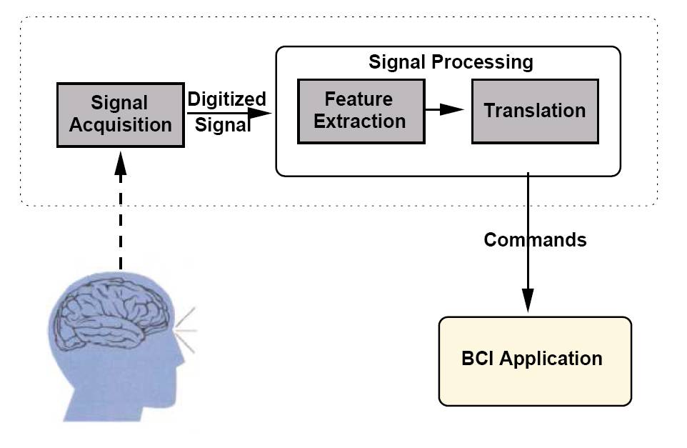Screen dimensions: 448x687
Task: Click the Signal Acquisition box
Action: coord(120,114)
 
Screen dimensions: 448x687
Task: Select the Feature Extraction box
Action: coord(360,111)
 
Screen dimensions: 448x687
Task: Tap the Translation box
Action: coord(534,111)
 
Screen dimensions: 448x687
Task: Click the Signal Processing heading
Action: coord(451,61)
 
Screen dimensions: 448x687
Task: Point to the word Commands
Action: coord(535,239)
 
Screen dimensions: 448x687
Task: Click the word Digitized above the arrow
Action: coord(226,99)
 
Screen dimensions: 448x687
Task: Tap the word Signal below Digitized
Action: coord(223,126)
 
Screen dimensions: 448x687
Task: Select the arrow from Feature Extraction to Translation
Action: coord(447,109)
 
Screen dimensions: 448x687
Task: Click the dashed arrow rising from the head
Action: coord(120,214)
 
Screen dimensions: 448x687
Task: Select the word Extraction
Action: coord(360,121)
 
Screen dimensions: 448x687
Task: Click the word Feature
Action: coord(358,99)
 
